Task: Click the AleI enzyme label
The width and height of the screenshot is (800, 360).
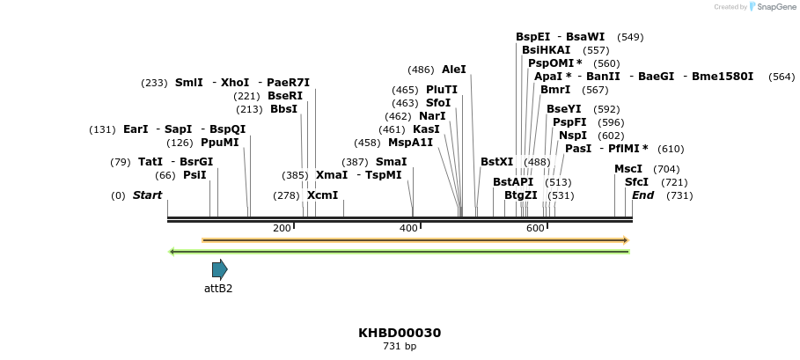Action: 454,70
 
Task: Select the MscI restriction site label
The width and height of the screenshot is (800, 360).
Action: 628,169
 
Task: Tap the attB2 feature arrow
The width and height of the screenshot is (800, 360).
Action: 220,269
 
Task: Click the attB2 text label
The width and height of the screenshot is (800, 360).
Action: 218,288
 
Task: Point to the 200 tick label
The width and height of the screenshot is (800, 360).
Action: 282,229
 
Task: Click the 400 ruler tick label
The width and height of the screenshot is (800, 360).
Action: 408,229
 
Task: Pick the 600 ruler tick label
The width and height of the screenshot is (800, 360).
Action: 535,229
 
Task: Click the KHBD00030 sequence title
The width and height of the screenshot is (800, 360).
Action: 400,333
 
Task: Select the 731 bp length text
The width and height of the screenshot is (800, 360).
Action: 400,347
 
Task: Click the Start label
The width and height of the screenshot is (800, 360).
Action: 147,195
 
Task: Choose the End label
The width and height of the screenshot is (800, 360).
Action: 642,195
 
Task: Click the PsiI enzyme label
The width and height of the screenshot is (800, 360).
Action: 194,175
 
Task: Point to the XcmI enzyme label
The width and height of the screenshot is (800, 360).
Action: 322,195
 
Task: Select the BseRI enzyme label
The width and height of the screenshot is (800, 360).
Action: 285,96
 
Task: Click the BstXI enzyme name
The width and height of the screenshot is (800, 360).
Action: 496,162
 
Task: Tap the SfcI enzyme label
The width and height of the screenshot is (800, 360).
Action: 636,182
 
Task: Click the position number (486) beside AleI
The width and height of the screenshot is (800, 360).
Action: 421,70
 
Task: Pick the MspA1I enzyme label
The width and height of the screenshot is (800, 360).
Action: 410,143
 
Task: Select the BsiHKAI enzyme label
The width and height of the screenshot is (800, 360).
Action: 547,50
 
